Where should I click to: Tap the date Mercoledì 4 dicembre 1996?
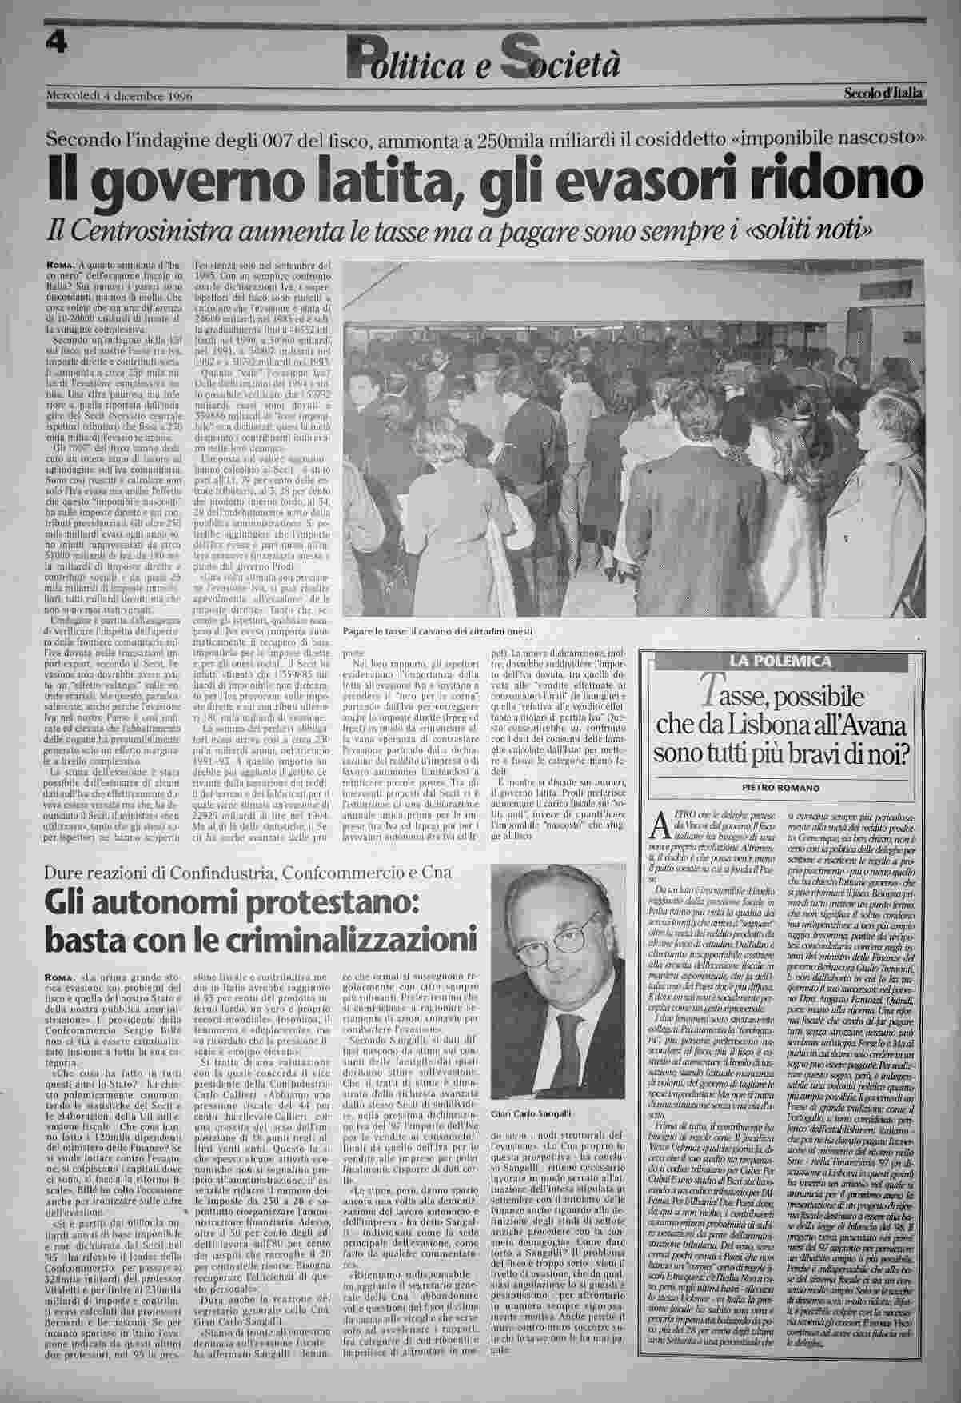pos(120,96)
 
